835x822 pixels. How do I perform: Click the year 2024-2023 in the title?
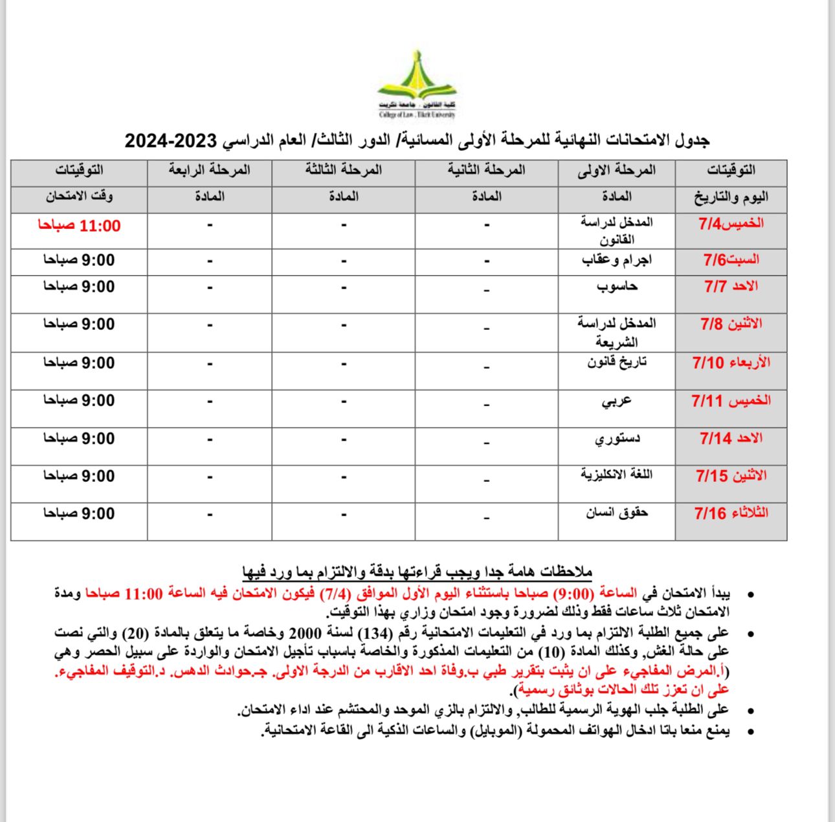click(170, 140)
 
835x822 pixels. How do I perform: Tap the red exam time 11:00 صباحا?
click(79, 226)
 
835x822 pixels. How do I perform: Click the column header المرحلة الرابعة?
click(209, 170)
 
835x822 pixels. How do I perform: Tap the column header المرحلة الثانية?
click(486, 170)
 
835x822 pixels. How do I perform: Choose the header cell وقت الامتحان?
click(79, 197)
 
